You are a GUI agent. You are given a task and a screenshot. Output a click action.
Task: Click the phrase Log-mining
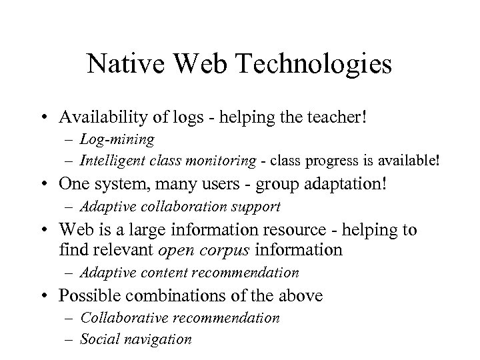coord(117,140)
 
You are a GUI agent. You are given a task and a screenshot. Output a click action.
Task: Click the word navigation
coord(157,339)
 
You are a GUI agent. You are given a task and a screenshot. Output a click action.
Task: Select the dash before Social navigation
coord(69,339)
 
